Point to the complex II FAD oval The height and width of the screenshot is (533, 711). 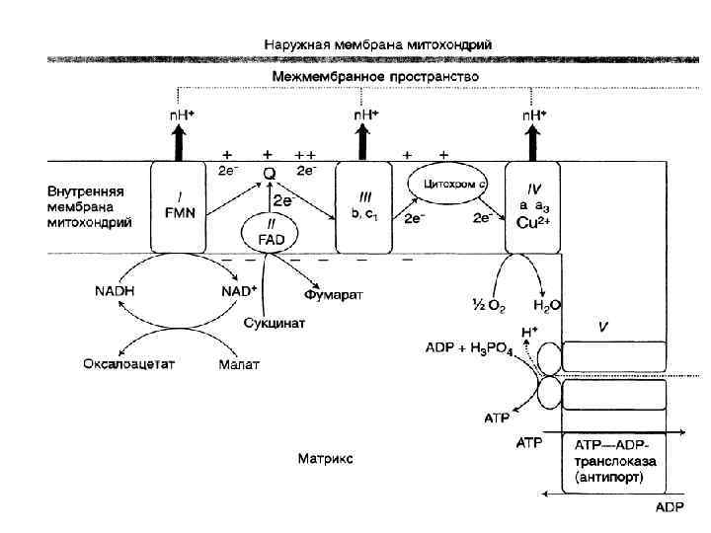tap(268, 233)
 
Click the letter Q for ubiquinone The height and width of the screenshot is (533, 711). tap(268, 174)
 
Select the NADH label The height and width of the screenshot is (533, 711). tap(115, 291)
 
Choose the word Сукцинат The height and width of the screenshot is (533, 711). tap(275, 323)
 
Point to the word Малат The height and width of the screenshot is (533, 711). tap(238, 364)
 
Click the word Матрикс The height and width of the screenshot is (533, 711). tap(325, 458)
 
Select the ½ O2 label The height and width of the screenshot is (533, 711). tap(488, 304)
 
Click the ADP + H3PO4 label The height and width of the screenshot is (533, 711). tap(468, 348)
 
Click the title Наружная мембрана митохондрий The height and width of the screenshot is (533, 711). tap(379, 43)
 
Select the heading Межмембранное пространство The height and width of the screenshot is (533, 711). tap(375, 76)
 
